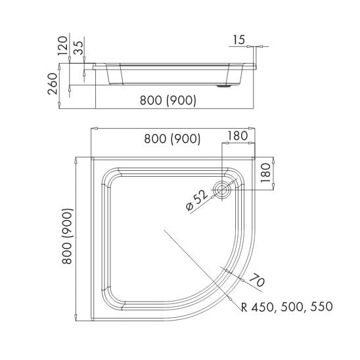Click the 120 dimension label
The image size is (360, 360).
pyautogui.click(x=63, y=45)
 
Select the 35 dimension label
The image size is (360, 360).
pyautogui.click(x=79, y=48)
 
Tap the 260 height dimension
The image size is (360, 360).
pyautogui.click(x=53, y=83)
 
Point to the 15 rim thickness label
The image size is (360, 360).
pyautogui.click(x=239, y=39)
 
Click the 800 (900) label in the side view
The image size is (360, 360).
pyautogui.click(x=168, y=100)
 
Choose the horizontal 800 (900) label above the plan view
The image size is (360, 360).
pyautogui.click(x=172, y=139)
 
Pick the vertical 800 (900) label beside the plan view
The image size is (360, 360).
pyautogui.click(x=68, y=236)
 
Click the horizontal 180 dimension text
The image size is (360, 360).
pyautogui.click(x=238, y=136)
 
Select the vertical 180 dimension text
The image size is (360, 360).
pyautogui.click(x=266, y=173)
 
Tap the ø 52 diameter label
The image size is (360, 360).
pyautogui.click(x=196, y=200)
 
